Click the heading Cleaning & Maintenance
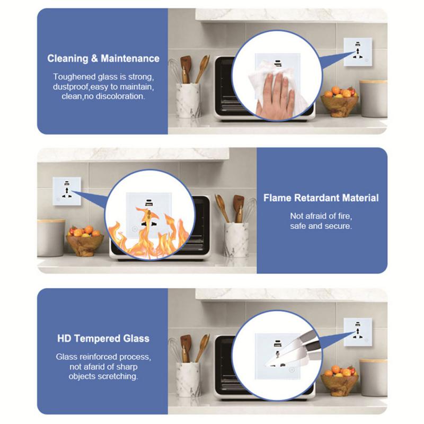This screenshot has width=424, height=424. [x=103, y=59]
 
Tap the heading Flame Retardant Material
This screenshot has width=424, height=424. [x=322, y=198]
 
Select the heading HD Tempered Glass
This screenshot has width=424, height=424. [x=103, y=338]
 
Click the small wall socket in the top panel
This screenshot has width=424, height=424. [x=356, y=53]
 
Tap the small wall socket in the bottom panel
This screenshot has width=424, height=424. [x=356, y=332]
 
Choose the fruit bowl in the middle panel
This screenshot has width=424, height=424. [x=85, y=243]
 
